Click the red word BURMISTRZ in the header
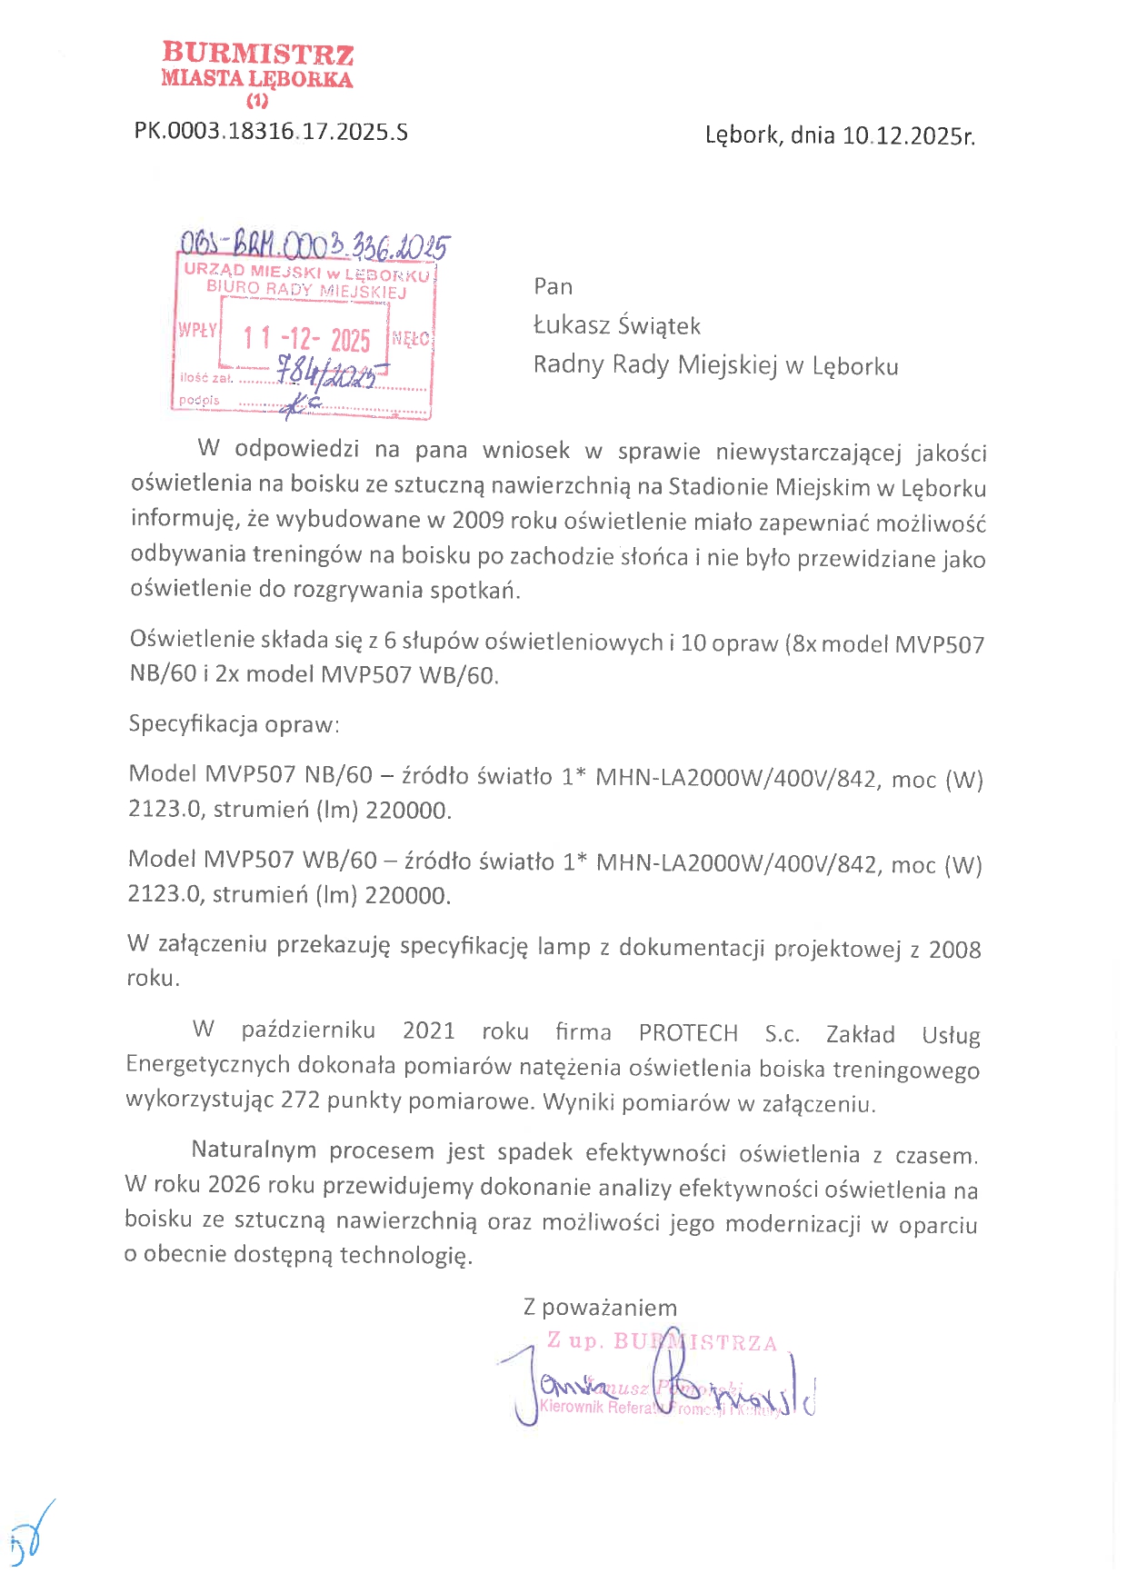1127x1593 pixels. click(x=258, y=54)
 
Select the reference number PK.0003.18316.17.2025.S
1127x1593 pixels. click(x=271, y=132)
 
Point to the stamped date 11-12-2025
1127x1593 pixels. click(x=306, y=339)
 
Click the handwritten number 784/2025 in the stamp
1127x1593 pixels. click(x=327, y=373)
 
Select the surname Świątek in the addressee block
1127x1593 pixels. click(x=659, y=325)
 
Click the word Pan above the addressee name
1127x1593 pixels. click(x=554, y=287)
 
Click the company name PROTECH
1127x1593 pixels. click(x=688, y=1033)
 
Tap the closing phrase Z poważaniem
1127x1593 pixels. click(x=600, y=1308)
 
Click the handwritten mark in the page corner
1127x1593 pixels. click(x=31, y=1536)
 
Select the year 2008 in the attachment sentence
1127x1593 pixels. click(x=954, y=950)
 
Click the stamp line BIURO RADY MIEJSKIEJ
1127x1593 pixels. click(x=306, y=289)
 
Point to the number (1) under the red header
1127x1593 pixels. click(x=257, y=101)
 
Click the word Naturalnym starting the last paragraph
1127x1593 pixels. click(x=254, y=1150)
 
